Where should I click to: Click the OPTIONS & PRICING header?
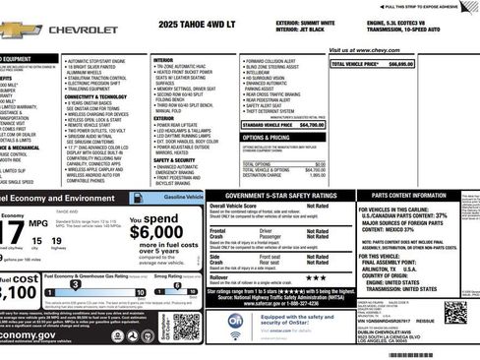(266, 138)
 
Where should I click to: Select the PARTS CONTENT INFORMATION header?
(416, 196)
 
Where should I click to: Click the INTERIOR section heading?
(162, 60)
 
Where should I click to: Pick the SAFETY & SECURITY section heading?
(174, 159)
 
